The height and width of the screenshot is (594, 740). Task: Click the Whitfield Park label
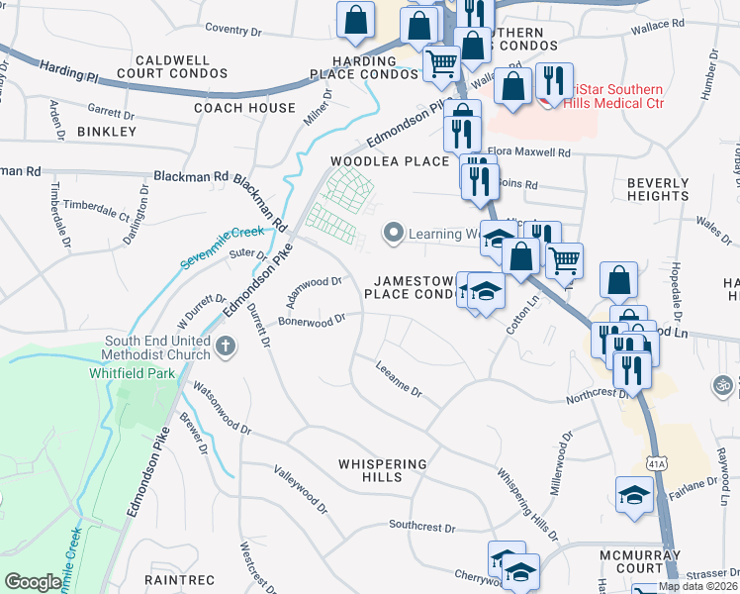click(x=142, y=373)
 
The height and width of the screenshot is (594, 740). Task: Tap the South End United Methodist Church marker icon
click(x=226, y=346)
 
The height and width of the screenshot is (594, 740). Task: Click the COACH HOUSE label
click(x=244, y=108)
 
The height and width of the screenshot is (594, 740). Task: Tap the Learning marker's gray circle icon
click(x=393, y=235)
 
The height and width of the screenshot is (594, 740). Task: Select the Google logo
click(x=33, y=582)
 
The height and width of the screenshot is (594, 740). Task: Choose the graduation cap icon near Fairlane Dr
click(x=634, y=495)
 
